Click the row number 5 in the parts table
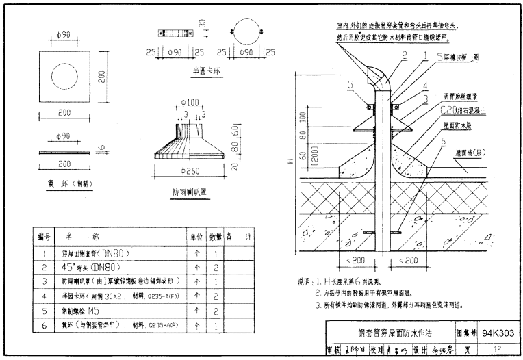[x=44, y=310]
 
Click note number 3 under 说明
[x=318, y=305]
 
